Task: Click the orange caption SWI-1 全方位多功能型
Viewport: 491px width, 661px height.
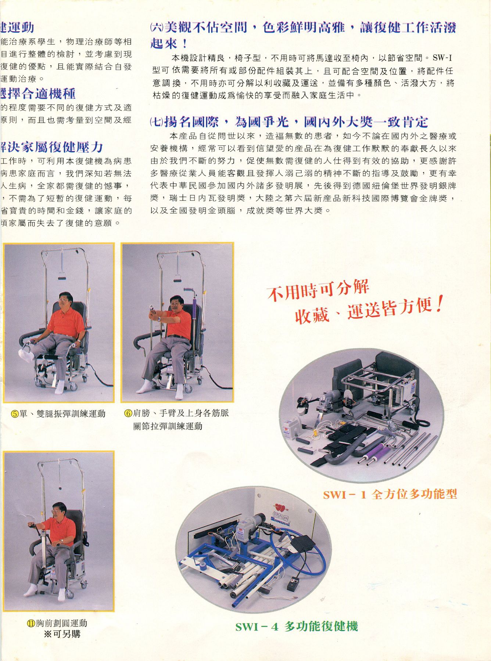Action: [390, 494]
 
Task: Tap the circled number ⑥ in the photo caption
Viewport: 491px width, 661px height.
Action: [128, 413]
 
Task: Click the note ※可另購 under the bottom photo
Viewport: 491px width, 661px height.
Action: [62, 634]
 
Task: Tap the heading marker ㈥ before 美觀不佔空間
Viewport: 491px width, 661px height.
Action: [156, 28]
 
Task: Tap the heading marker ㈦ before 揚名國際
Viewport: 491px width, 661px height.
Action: [156, 122]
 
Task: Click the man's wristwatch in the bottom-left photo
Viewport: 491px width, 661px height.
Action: [62, 541]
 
